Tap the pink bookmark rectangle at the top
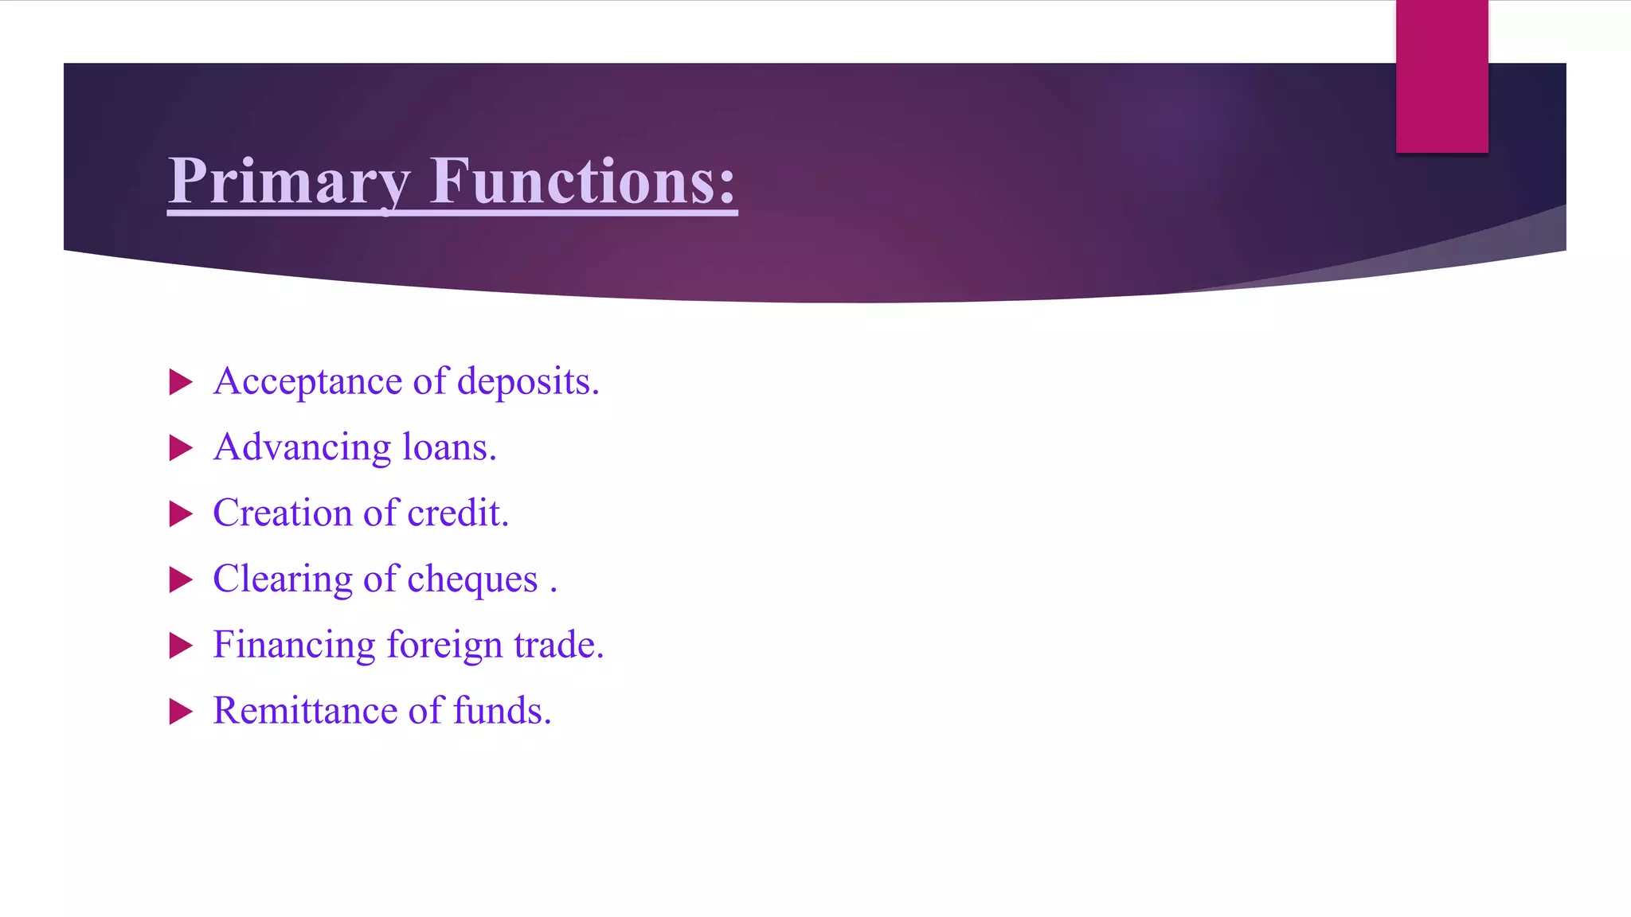[x=1441, y=76]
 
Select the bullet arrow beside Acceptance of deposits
[x=181, y=383]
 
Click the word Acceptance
[x=307, y=382]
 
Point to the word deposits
[x=526, y=382]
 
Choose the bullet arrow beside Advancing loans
[x=181, y=448]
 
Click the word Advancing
[x=303, y=448]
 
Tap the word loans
[x=448, y=447]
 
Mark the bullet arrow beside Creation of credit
[x=181, y=514]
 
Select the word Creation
[x=282, y=513]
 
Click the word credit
[x=456, y=513]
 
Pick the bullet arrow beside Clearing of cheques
[x=181, y=580]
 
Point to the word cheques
[x=472, y=580]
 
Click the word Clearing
[x=282, y=580]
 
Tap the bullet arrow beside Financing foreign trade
[x=181, y=646]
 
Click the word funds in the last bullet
[x=501, y=711]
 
